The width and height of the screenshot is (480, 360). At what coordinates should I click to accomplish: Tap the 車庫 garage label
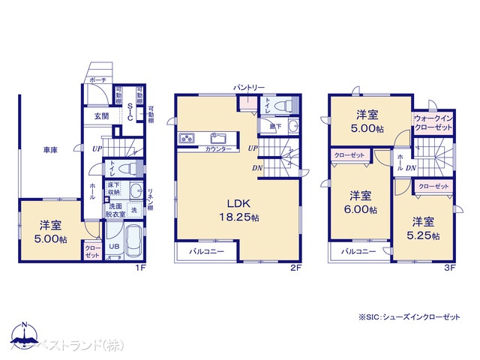pyautogui.click(x=50, y=151)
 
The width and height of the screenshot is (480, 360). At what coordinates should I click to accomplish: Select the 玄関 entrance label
pyautogui.click(x=101, y=116)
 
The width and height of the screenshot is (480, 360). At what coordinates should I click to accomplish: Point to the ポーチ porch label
pyautogui.click(x=97, y=79)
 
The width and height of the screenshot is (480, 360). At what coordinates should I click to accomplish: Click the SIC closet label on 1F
pyautogui.click(x=129, y=112)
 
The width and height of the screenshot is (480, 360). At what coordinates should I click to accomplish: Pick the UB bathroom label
pyautogui.click(x=114, y=245)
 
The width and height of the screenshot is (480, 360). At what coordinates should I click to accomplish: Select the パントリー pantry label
pyautogui.click(x=248, y=88)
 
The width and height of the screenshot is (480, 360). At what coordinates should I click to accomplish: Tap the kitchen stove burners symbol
pyautogui.click(x=187, y=138)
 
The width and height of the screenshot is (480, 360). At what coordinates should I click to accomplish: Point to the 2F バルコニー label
pyautogui.click(x=206, y=251)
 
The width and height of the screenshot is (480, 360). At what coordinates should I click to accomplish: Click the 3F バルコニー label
pyautogui.click(x=358, y=252)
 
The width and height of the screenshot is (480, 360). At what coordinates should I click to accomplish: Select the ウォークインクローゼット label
pyautogui.click(x=433, y=124)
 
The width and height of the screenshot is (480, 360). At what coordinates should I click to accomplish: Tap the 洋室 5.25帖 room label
pyautogui.click(x=423, y=228)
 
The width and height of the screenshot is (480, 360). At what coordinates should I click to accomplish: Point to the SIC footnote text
pyautogui.click(x=409, y=317)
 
